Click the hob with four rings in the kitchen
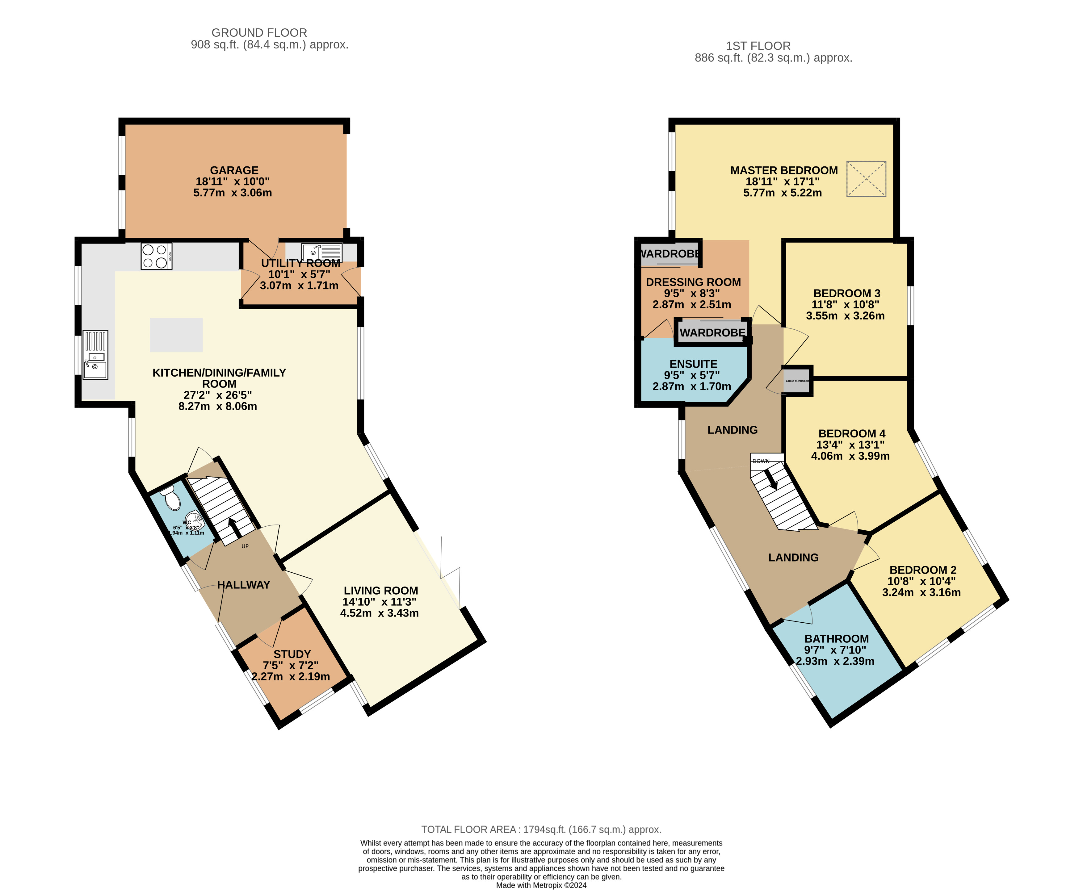tap(156, 256)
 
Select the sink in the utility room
tap(321, 252)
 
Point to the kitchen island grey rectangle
tap(176, 335)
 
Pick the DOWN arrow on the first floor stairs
tap(771, 480)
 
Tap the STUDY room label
tap(292, 654)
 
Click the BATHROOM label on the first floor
tap(836, 639)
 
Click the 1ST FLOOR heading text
tap(758, 46)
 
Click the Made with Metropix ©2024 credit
tap(541, 885)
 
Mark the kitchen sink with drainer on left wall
tap(95, 355)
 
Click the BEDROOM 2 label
tap(922, 570)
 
